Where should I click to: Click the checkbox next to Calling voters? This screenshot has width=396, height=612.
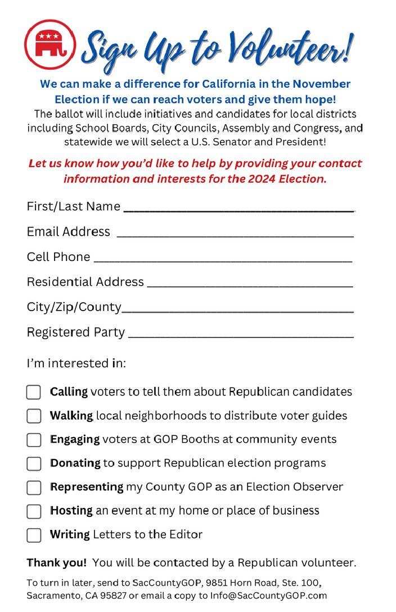tap(34, 392)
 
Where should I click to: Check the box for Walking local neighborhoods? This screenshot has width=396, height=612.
tap(34, 416)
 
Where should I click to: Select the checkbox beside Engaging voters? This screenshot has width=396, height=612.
tap(34, 440)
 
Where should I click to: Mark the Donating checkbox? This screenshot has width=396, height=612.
tap(34, 463)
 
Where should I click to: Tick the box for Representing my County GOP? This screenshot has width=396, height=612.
tap(34, 487)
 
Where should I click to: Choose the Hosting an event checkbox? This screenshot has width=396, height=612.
tap(34, 511)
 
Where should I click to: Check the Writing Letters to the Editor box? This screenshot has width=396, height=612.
tap(34, 535)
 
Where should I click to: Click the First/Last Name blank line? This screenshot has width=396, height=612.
tap(238, 209)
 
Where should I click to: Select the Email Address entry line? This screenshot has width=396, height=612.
tap(235, 235)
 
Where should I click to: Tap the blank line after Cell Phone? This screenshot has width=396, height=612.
tap(223, 260)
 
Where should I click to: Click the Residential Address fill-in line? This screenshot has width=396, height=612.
tap(250, 285)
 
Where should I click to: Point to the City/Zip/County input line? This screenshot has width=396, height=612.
tap(237, 310)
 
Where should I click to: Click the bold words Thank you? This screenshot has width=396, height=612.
tap(57, 562)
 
